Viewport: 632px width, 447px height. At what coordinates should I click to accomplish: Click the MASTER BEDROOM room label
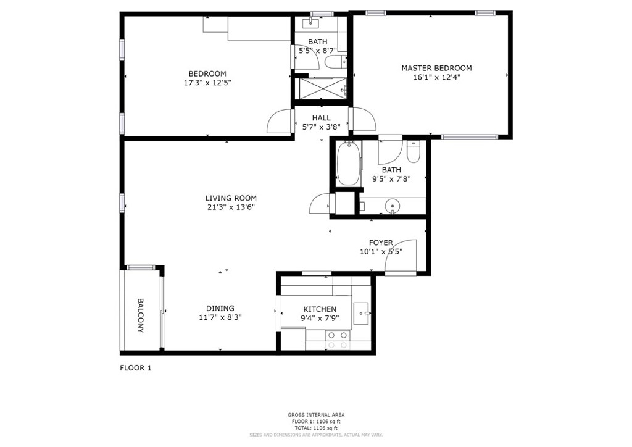click(436, 68)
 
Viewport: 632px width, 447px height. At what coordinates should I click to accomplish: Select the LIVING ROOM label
click(231, 198)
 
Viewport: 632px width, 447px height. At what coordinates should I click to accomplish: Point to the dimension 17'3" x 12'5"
click(207, 83)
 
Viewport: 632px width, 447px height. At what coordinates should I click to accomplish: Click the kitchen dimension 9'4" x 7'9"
click(320, 317)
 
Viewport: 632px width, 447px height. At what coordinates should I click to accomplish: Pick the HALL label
click(321, 118)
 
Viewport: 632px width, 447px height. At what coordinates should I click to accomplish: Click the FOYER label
click(381, 243)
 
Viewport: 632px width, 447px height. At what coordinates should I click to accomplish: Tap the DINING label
click(220, 308)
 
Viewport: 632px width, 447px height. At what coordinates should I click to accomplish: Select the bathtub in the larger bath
click(349, 164)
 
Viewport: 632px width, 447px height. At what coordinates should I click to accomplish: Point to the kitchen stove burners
click(338, 340)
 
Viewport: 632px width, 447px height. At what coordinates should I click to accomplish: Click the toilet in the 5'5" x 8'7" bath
click(335, 62)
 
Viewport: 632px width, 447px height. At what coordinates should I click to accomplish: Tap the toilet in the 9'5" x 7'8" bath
click(414, 151)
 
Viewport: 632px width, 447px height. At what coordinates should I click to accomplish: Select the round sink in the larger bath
click(392, 207)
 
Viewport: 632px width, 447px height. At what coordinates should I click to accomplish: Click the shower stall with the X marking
click(321, 88)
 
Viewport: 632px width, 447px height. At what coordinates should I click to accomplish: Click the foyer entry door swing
click(400, 256)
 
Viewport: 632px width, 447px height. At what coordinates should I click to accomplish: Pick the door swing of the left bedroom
click(279, 120)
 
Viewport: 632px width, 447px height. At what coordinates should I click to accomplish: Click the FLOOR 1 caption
click(136, 367)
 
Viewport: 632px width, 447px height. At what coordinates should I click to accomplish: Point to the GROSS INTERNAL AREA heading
click(316, 415)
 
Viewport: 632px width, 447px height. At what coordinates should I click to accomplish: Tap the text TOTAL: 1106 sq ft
click(316, 428)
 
